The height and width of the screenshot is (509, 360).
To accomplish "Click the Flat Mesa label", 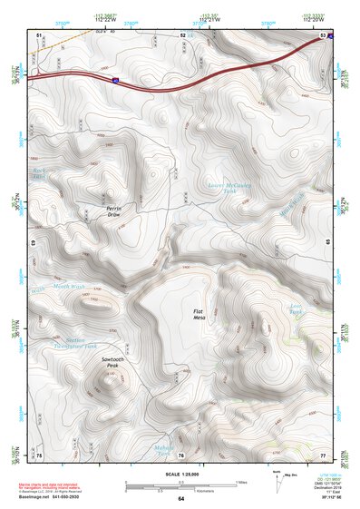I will [x=201, y=314].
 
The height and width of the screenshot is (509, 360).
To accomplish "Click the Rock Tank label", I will [x=39, y=173].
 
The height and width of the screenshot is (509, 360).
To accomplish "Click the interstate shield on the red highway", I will [x=117, y=81].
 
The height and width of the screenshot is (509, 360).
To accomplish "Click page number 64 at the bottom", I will [x=180, y=498].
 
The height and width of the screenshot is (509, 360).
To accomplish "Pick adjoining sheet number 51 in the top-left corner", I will [x=39, y=34].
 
